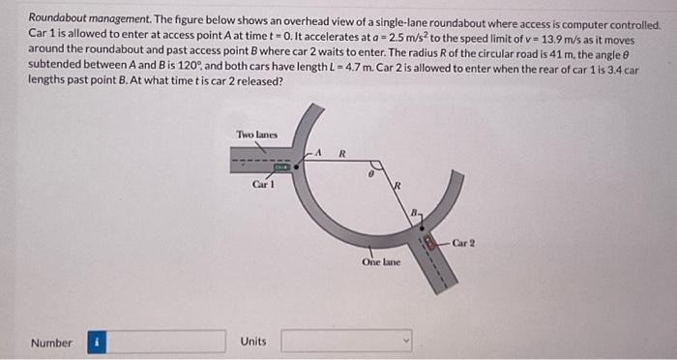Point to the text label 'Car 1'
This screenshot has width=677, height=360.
261,184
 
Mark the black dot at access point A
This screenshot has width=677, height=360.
296,165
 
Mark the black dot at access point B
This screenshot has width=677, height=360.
419,227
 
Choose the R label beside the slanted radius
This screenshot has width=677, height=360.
396,187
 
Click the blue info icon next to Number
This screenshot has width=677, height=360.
97,342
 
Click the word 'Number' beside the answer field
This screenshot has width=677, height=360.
51,343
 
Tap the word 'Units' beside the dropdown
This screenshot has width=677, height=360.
254,343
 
